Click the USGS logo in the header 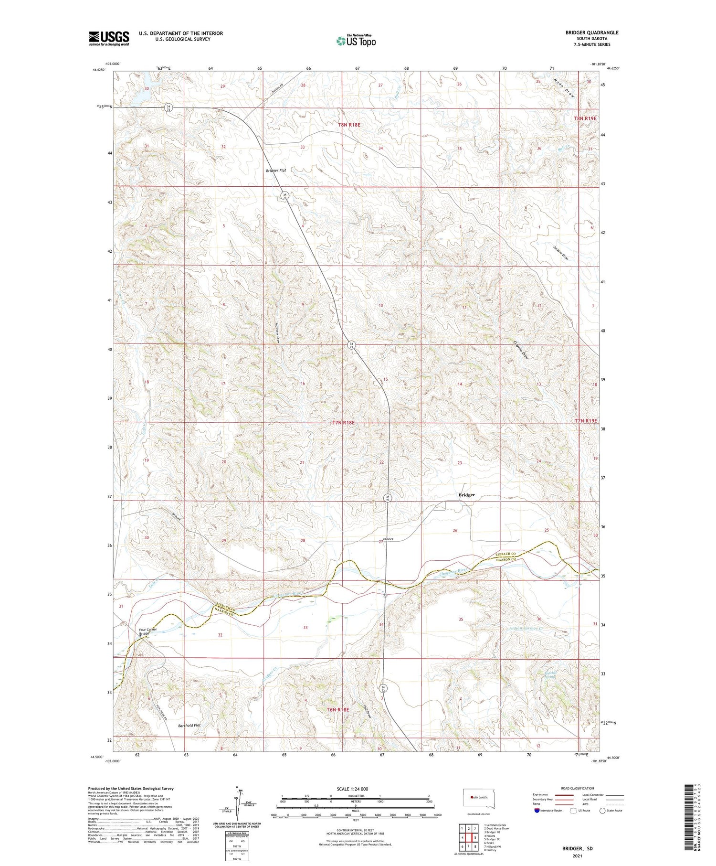(x=109, y=38)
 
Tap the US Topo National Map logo (x=356, y=41)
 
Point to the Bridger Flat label (x=276, y=171)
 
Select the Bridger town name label (x=466, y=495)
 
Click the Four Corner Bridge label (x=148, y=632)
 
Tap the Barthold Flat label (x=190, y=726)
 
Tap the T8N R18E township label (x=349, y=125)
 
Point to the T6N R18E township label (x=338, y=710)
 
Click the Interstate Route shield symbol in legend (x=537, y=811)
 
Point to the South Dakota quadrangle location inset (x=479, y=799)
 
